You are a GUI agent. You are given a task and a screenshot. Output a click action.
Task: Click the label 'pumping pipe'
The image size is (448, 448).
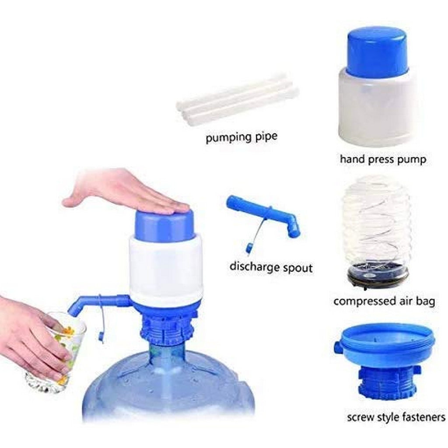[x=241, y=137]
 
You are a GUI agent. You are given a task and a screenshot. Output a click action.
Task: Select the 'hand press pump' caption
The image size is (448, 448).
[x=383, y=159]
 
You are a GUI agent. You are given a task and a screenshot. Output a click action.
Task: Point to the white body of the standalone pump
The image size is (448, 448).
[x=377, y=109]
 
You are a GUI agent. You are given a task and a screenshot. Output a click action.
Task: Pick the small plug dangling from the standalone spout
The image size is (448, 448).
[x=249, y=248]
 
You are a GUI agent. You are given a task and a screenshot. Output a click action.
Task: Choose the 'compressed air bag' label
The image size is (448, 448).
[x=384, y=301]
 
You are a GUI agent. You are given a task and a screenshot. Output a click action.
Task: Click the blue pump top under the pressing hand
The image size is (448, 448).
[x=164, y=226]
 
